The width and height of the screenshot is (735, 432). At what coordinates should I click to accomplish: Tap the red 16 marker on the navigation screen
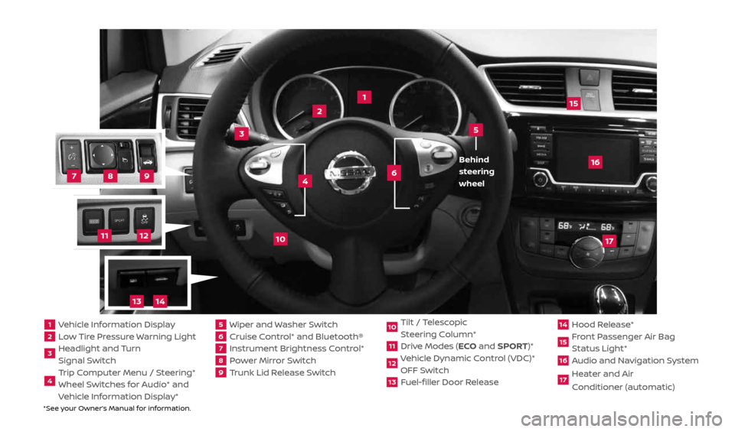(594, 161)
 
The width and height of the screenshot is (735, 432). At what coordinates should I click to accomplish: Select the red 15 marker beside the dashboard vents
(573, 102)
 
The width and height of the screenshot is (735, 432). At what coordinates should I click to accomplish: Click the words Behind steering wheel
(476, 171)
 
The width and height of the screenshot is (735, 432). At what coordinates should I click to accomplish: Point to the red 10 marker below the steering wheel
(280, 239)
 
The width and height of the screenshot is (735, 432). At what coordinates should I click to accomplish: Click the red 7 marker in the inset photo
(73, 176)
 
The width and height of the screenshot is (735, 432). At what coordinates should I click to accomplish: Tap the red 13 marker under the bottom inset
(136, 301)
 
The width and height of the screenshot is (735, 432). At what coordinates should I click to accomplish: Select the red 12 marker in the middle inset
(143, 235)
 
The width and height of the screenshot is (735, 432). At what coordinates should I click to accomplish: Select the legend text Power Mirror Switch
(265, 359)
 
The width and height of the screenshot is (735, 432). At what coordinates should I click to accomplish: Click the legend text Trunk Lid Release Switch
(275, 372)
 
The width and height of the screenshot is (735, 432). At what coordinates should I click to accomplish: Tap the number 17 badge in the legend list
(563, 380)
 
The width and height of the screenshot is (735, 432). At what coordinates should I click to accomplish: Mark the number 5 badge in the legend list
(220, 324)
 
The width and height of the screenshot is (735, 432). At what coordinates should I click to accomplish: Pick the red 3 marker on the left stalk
(241, 133)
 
